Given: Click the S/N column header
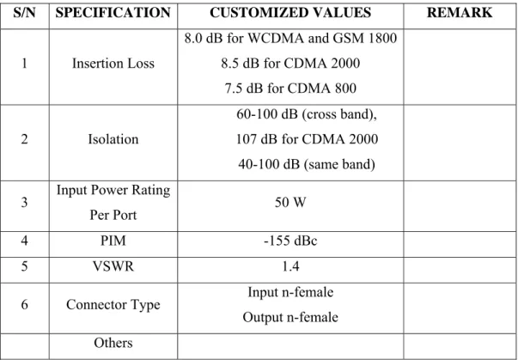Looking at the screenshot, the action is click(x=24, y=13).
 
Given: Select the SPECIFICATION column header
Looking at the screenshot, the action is click(x=113, y=13).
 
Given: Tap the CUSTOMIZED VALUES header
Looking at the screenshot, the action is click(x=290, y=13).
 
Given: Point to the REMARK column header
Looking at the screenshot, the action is click(x=460, y=13).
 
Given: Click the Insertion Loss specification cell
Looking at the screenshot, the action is click(x=113, y=64).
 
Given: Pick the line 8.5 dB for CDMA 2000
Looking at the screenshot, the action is click(x=290, y=64).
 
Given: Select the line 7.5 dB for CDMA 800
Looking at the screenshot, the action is click(x=290, y=88).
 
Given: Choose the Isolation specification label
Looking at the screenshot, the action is click(x=113, y=139).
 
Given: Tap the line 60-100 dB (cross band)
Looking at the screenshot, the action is click(x=307, y=114).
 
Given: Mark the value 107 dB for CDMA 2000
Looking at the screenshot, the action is click(x=307, y=139).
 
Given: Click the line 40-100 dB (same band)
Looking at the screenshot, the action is click(x=307, y=164).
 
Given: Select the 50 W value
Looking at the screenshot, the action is click(x=290, y=202).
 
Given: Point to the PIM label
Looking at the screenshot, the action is click(x=113, y=241).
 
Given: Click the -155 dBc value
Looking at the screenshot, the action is click(x=290, y=241).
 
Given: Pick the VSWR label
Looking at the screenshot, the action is click(x=113, y=266).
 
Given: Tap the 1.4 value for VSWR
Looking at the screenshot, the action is click(x=290, y=266).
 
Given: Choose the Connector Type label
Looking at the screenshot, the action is click(x=113, y=305).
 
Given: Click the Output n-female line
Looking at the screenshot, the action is click(x=290, y=317).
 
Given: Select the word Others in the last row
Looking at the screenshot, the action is click(x=113, y=343).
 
